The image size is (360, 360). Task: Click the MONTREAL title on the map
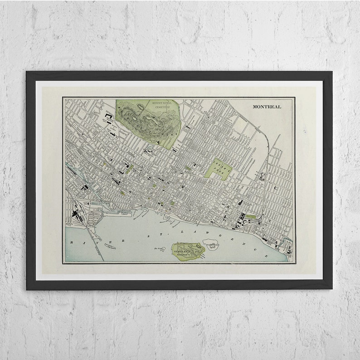[x=267, y=107]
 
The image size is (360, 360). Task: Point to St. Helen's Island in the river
[x=187, y=250]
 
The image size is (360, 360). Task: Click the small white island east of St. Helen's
[x=211, y=244]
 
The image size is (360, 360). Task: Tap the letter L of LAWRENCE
[x=182, y=232]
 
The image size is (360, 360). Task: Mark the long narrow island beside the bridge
[x=111, y=246]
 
